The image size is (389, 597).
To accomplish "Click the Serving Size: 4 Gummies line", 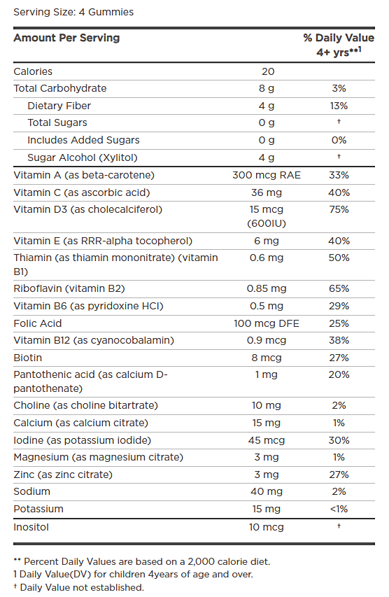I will [73, 13].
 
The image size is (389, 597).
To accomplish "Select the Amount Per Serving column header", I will [66, 38].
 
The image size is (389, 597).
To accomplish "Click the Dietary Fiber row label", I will [59, 106].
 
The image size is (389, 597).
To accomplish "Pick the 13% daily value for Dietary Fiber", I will [339, 106].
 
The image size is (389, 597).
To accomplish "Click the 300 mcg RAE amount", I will [267, 175].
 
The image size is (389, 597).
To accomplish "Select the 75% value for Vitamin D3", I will [339, 209].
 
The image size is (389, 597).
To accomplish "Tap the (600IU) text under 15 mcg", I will [267, 223].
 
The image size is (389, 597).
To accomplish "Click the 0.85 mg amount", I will [267, 288].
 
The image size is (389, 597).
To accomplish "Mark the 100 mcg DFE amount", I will [267, 323].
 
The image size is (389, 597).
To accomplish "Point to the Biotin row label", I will [28, 358].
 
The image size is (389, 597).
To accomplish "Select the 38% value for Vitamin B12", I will [339, 340].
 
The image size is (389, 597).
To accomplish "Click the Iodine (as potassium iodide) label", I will [82, 440].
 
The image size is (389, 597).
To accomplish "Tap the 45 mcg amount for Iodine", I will [267, 440].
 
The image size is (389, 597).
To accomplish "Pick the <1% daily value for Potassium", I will [339, 509].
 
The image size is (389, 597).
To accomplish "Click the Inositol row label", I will [32, 526].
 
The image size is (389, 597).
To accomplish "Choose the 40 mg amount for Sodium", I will [267, 492].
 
